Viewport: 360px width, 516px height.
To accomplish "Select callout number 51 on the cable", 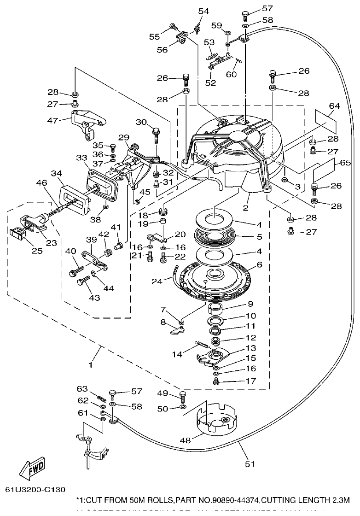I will coord(249,464).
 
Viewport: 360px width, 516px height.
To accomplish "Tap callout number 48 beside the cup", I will coord(185,440).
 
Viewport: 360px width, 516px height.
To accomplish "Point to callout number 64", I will coord(334,106).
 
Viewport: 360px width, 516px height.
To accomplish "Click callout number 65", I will coord(346,163).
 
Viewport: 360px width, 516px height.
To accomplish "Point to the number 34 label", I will coord(56,173).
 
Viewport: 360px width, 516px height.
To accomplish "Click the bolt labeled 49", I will coord(183,395).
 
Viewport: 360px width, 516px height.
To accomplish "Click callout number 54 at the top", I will coord(203,11).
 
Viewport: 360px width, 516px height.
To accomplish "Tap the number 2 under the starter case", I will coord(246,208).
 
